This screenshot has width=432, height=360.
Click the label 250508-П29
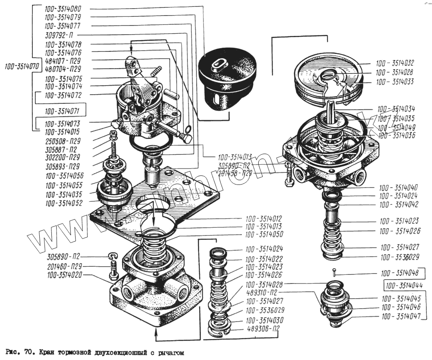point(62,141)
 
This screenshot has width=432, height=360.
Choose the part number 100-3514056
point(64,175)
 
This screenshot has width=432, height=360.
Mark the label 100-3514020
point(62,275)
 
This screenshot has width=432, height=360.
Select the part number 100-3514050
point(263,235)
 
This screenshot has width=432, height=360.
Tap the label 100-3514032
point(395,62)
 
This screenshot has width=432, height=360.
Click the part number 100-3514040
point(398,188)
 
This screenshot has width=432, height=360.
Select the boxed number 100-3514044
point(404,286)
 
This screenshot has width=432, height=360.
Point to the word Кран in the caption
point(47,353)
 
